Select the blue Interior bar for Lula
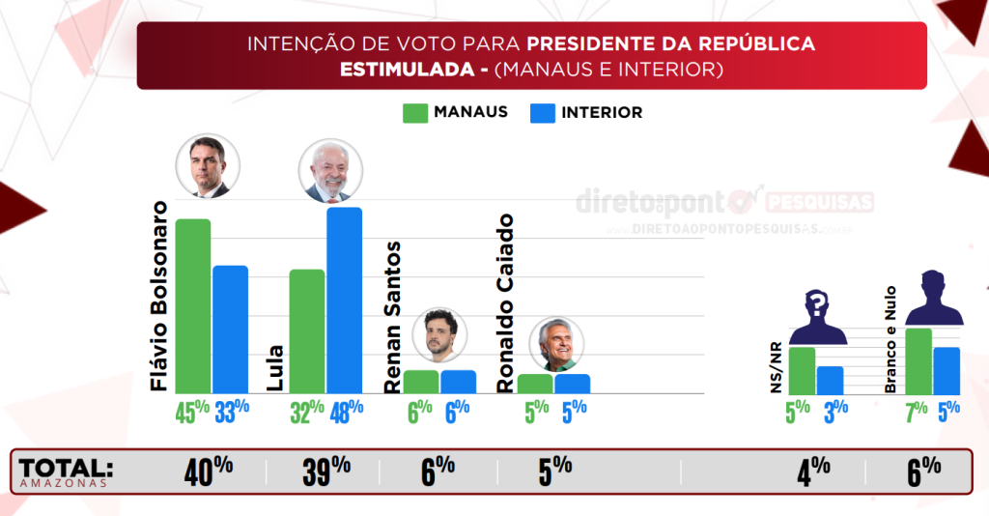coord(344,301)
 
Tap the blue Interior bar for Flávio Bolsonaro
coord(230,330)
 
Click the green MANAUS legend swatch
coord(414,113)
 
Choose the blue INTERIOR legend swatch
coord(543,113)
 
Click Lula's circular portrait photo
coord(330,171)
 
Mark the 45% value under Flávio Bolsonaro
coord(192,412)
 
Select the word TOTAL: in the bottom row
coord(66,468)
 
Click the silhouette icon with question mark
coord(817,317)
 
